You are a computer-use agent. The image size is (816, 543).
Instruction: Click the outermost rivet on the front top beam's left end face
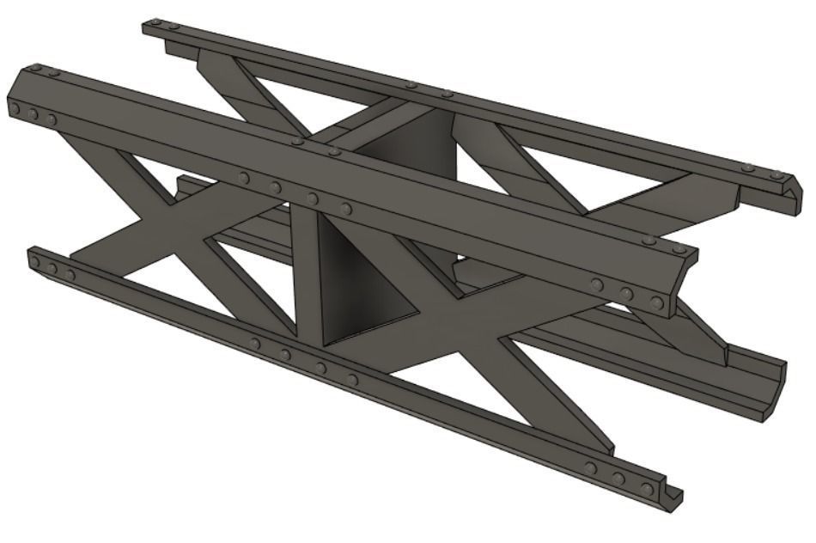click(15, 109)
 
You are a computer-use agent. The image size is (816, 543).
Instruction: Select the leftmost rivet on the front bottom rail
click(37, 263)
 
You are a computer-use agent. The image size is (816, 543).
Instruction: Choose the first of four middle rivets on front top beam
click(245, 178)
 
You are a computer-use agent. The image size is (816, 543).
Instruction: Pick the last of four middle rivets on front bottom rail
click(352, 379)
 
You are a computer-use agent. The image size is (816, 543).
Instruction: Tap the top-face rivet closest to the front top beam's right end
click(679, 249)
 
